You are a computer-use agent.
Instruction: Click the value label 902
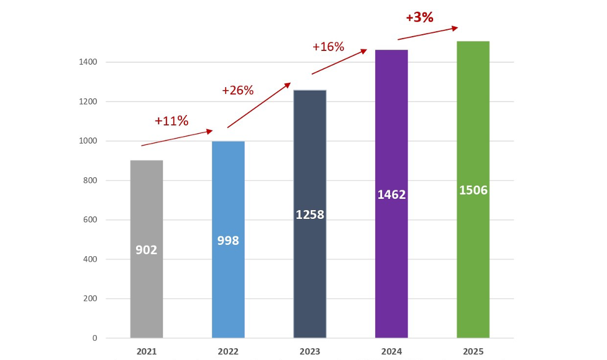click(x=147, y=250)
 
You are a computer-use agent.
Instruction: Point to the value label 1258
click(x=309, y=215)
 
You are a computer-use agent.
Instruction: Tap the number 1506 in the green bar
click(x=473, y=190)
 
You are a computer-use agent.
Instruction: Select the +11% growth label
click(x=171, y=121)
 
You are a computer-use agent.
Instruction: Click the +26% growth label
click(x=238, y=90)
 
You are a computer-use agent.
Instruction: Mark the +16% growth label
click(x=328, y=47)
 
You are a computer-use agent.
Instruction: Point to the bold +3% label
click(x=419, y=17)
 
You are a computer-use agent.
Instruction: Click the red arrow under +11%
click(x=177, y=138)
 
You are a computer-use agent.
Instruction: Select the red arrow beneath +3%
click(x=427, y=33)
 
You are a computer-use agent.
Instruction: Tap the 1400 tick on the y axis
click(x=88, y=62)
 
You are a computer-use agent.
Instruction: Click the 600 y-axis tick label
click(x=90, y=220)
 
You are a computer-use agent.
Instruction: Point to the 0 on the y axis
click(x=94, y=338)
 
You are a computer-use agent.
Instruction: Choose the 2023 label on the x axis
click(x=309, y=351)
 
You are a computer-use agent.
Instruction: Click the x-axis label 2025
click(x=473, y=351)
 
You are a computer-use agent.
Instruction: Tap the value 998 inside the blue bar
click(x=228, y=241)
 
